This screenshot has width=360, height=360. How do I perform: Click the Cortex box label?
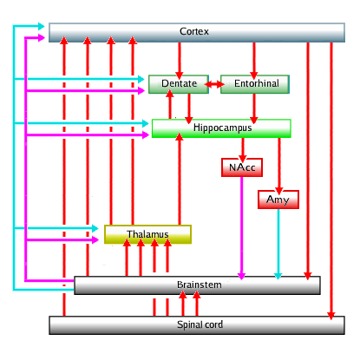tap(194, 31)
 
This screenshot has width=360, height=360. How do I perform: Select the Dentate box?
tap(179, 84)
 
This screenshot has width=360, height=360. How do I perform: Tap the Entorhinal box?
tap(255, 84)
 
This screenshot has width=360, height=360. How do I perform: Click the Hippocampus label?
tap(222, 128)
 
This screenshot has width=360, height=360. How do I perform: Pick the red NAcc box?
tap(242, 167)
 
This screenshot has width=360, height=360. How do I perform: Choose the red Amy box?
tap(278, 200)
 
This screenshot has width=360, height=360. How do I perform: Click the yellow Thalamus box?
tap(147, 234)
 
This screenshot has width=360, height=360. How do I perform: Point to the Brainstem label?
tap(200, 285)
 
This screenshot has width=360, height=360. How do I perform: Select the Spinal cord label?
tap(200, 324)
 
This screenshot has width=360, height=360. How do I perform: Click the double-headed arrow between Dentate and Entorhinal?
tap(214, 84)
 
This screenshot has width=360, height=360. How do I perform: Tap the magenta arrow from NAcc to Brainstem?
tap(241, 228)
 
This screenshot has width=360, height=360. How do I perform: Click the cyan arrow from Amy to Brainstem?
tap(278, 244)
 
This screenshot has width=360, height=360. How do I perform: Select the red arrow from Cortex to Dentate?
tap(180, 61)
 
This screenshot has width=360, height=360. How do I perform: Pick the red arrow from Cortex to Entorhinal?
tap(254, 61)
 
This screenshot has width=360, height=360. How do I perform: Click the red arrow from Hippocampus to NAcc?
tap(243, 150)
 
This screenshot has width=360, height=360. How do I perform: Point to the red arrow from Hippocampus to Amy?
tap(279, 167)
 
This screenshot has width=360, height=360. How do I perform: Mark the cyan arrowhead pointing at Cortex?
tap(41, 26)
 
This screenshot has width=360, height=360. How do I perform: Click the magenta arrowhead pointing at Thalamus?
tap(95, 239)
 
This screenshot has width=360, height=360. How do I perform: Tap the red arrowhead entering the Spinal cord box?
tap(331, 316)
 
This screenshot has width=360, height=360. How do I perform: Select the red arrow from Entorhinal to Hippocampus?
tap(254, 108)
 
